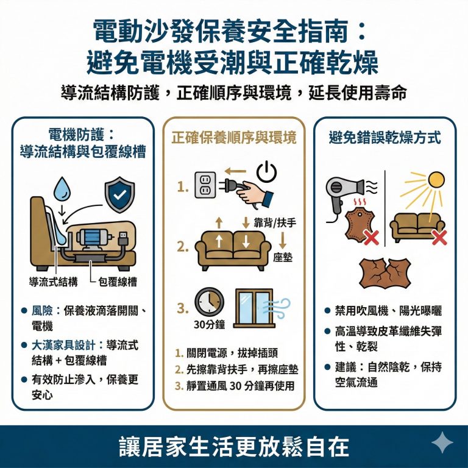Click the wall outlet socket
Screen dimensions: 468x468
click(205, 185)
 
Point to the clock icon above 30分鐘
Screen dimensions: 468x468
click(209, 303)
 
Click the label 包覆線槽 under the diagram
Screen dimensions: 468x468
click(116, 282)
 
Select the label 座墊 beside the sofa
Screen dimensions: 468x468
click(282, 258)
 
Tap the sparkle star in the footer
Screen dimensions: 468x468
click(441, 443)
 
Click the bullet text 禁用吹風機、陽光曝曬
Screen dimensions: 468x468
click(388, 311)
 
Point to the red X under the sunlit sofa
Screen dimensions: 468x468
click(438, 238)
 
